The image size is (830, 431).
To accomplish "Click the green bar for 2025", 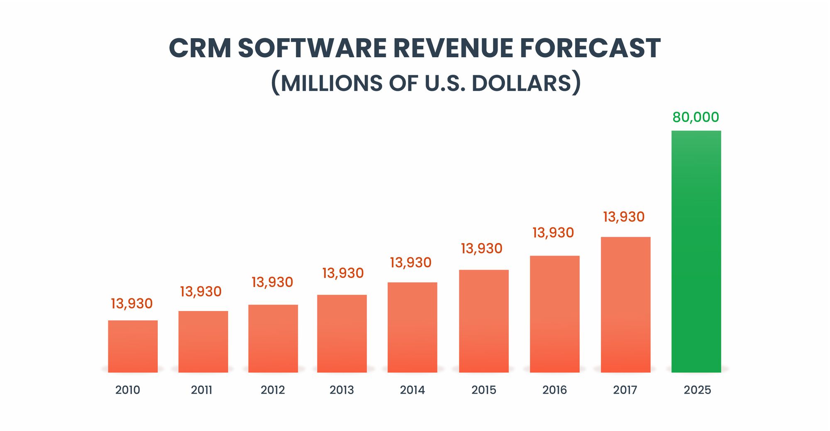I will (696, 251).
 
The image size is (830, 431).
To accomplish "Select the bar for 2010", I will (133, 346).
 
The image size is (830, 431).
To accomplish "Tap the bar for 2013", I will (342, 334).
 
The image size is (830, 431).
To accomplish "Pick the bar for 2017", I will (625, 304).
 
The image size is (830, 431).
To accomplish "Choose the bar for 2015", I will (483, 321).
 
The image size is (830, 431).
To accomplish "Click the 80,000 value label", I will (696, 117).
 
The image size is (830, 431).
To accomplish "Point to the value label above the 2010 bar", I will (132, 304).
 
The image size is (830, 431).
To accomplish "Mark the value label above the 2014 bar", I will (410, 263).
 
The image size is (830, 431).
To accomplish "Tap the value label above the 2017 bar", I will (624, 217).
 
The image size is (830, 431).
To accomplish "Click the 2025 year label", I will (697, 390).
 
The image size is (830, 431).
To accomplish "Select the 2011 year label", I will (201, 390).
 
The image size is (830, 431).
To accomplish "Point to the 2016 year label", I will (554, 390).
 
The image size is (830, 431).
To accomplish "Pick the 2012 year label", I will (273, 390).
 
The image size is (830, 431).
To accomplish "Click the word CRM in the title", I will (200, 48).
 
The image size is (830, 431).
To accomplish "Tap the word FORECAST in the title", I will (590, 48).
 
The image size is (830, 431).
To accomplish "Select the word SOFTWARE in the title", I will (312, 48).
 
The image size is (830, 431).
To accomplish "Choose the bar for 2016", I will (554, 314).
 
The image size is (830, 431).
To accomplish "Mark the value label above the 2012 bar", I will (272, 282).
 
